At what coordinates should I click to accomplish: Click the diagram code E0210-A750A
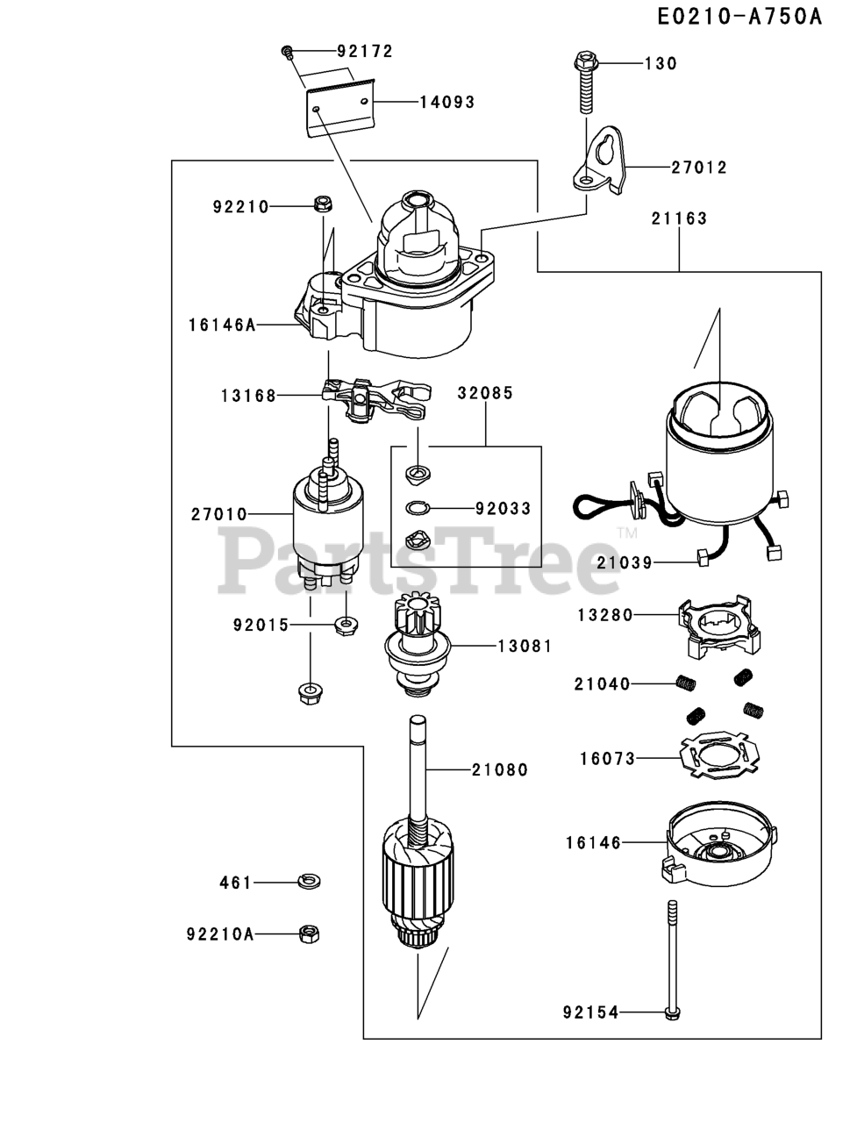(739, 17)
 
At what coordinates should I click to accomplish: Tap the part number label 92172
(365, 51)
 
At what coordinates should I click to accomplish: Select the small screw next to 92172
(288, 52)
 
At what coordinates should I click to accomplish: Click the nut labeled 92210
(323, 204)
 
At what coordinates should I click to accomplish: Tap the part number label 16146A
(221, 325)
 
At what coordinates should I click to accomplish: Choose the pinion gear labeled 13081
(417, 643)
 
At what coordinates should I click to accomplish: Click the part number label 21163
(679, 218)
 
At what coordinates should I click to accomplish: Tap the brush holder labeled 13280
(719, 626)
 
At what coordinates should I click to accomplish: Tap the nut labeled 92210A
(309, 934)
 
